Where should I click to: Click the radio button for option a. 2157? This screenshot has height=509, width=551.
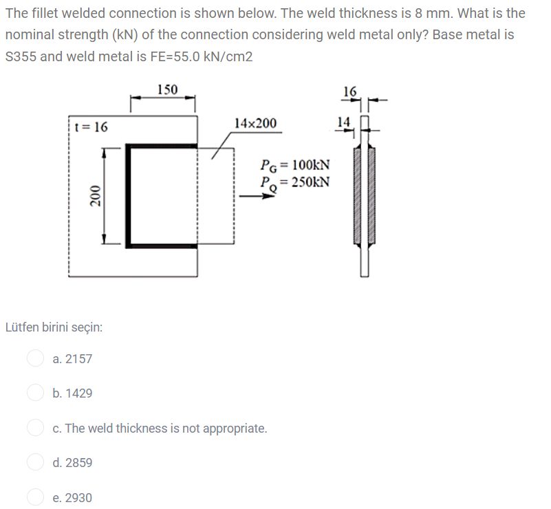[35, 358]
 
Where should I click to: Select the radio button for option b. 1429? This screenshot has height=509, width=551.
[35, 393]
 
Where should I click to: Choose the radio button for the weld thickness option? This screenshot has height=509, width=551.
[35, 428]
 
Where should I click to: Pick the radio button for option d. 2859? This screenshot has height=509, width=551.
[35, 462]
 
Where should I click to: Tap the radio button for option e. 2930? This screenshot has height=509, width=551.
[35, 497]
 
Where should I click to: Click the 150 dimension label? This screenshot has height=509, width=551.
[166, 89]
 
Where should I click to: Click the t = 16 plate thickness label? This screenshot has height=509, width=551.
[91, 127]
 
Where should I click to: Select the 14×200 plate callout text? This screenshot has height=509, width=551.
[255, 123]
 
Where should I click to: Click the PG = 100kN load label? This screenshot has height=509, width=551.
[295, 165]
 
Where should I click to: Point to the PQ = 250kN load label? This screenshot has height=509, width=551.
[295, 182]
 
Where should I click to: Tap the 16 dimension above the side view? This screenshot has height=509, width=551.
[349, 91]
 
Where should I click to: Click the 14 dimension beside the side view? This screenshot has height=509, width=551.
[344, 122]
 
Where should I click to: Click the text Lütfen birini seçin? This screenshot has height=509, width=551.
[54, 327]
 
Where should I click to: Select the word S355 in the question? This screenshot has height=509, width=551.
[21, 56]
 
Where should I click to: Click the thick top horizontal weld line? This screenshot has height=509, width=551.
[162, 146]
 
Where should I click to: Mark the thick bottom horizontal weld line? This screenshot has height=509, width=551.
[162, 244]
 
